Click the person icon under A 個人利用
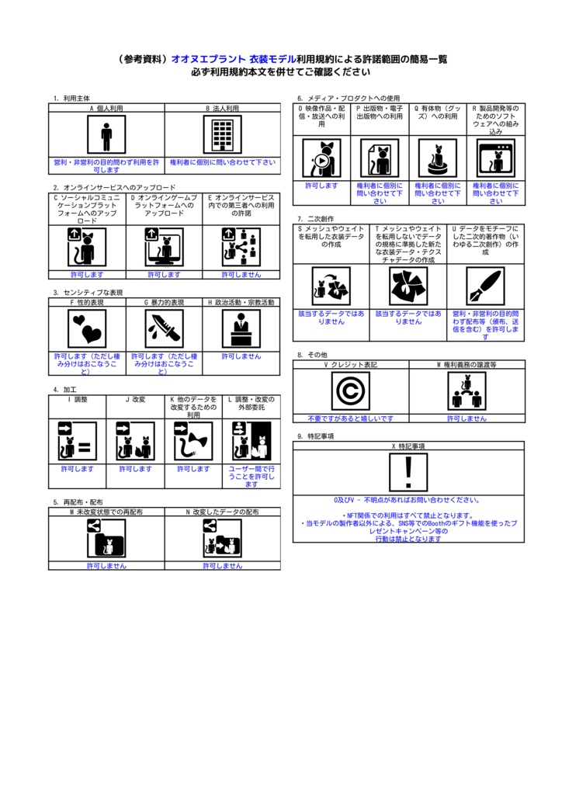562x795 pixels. point(106,136)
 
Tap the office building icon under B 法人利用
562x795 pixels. point(222,136)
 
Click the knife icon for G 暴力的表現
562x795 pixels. point(164,328)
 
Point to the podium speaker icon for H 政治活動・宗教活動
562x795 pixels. point(241,328)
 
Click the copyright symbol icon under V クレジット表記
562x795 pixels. point(350,391)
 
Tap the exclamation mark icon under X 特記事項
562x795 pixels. point(408,473)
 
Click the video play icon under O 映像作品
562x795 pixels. point(321,158)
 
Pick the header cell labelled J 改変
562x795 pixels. point(135,400)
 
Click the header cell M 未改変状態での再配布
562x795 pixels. point(106,512)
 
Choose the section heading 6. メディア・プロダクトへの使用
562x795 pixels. point(349,99)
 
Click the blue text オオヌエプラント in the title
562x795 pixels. point(207,59)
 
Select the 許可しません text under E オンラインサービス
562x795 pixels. point(241,274)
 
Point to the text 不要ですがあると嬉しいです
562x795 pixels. point(350,418)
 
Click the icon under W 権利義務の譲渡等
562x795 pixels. point(466,391)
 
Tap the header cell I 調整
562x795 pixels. point(78,400)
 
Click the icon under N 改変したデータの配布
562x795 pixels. point(222,538)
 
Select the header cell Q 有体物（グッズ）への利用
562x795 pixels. point(438,113)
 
